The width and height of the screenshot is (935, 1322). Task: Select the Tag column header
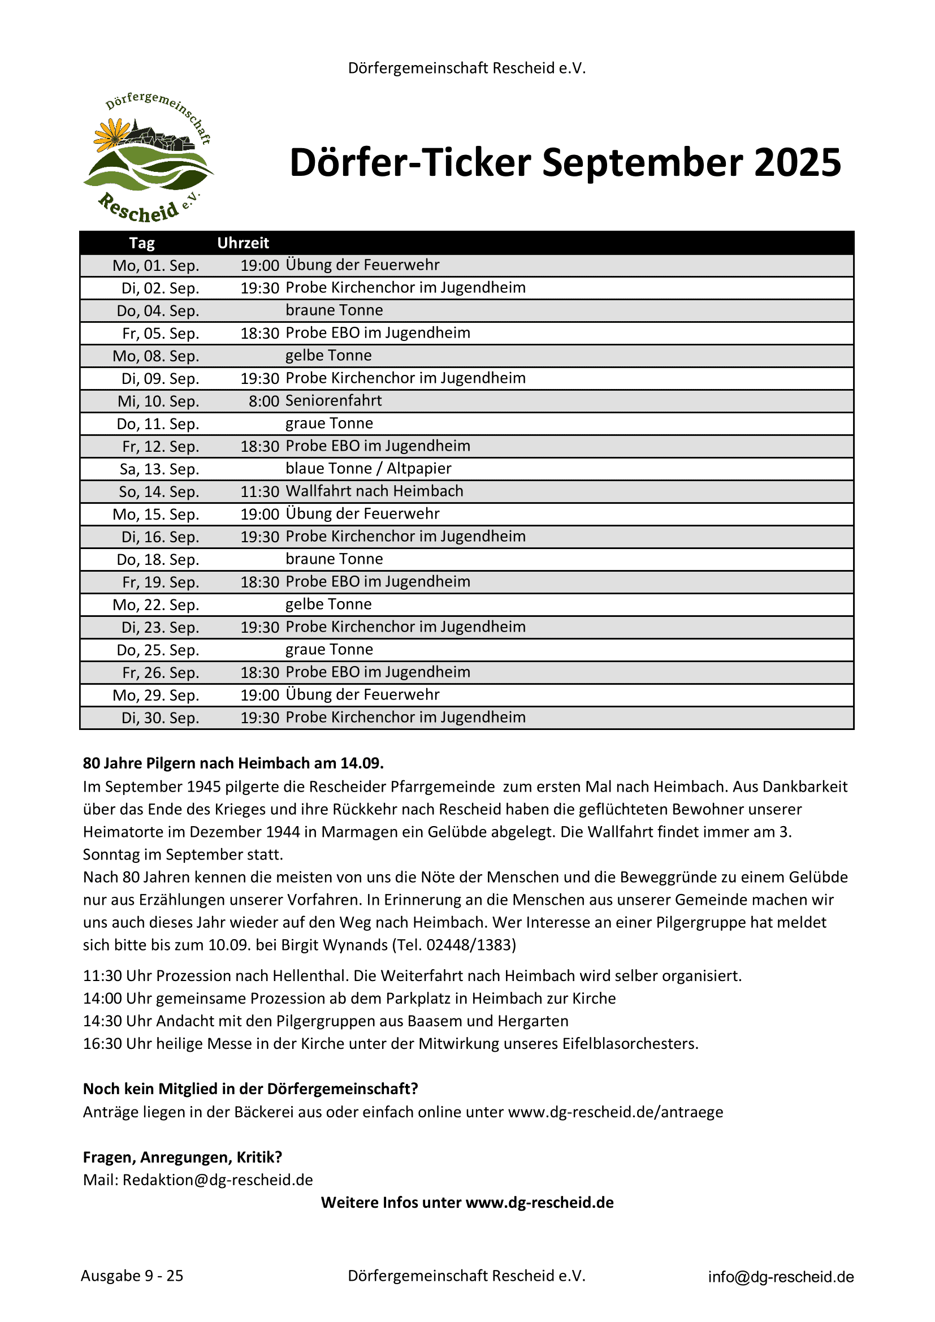142,243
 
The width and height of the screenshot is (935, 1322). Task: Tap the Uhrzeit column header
243,243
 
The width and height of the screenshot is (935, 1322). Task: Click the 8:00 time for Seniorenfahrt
263,401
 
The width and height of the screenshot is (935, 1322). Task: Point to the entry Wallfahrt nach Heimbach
374,491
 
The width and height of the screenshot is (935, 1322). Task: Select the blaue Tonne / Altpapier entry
368,469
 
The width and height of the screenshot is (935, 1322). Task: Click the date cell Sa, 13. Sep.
159,469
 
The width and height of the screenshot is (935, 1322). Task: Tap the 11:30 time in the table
259,492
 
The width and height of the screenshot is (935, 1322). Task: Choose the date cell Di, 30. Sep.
160,718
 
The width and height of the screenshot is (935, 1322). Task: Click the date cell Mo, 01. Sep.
156,265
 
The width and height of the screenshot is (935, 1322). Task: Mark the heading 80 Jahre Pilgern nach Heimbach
233,763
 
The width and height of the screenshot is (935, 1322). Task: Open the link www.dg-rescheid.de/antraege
615,1112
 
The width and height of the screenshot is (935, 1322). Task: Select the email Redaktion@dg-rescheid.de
218,1180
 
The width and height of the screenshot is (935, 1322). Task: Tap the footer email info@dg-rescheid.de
781,1277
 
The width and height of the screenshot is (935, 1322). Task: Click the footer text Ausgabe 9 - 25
132,1276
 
